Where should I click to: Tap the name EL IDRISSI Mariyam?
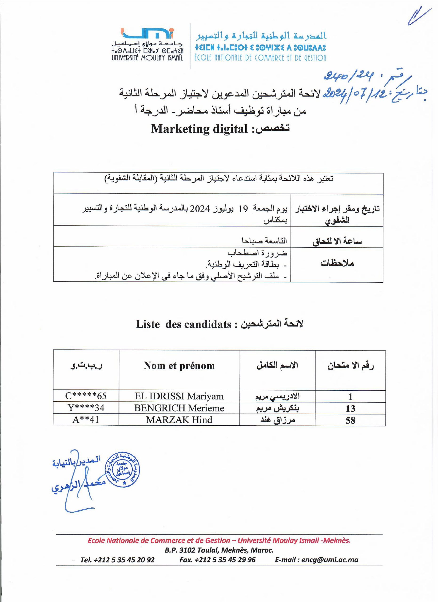coord(179,396)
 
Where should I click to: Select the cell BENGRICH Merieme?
coord(179,408)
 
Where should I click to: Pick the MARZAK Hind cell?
coord(179,420)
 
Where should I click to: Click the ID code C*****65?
coord(86,396)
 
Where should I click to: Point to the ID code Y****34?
coord(86,408)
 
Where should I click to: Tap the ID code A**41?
coord(86,420)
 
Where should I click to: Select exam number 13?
coord(350,408)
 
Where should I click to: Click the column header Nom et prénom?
coord(179,366)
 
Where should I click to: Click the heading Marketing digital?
coord(199,129)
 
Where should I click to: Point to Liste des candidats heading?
coord(183,324)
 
